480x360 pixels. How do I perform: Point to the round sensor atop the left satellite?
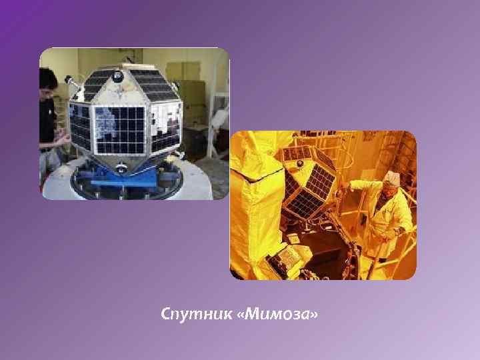(x=118, y=77)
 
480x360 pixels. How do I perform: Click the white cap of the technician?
(x=391, y=178)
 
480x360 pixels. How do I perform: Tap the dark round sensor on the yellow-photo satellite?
(x=299, y=163)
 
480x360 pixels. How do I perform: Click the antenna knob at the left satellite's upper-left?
(x=69, y=80)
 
